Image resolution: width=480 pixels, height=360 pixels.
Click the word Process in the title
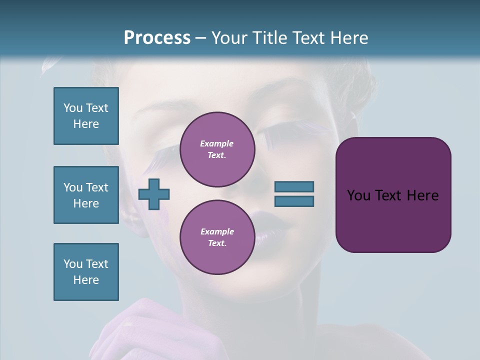tap(157, 38)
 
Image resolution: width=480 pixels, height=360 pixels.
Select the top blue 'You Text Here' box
tap(86, 116)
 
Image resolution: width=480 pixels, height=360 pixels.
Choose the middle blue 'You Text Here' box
tap(86, 195)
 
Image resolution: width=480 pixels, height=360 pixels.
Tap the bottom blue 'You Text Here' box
tap(86, 272)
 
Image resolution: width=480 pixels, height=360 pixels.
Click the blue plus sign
tap(154, 194)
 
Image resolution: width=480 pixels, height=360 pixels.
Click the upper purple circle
tap(217, 149)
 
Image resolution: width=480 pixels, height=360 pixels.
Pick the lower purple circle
tap(217, 237)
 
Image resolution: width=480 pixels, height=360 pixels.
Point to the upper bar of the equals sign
tap(294, 186)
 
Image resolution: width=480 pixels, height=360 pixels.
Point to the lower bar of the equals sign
tap(294, 201)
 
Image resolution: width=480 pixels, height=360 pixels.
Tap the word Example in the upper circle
tap(217, 143)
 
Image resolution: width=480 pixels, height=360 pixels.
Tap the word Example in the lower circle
tap(217, 231)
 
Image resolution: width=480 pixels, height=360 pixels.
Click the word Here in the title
tap(350, 38)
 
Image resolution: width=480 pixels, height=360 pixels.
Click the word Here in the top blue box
tap(86, 124)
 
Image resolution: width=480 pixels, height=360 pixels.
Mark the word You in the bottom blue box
tap(72, 264)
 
